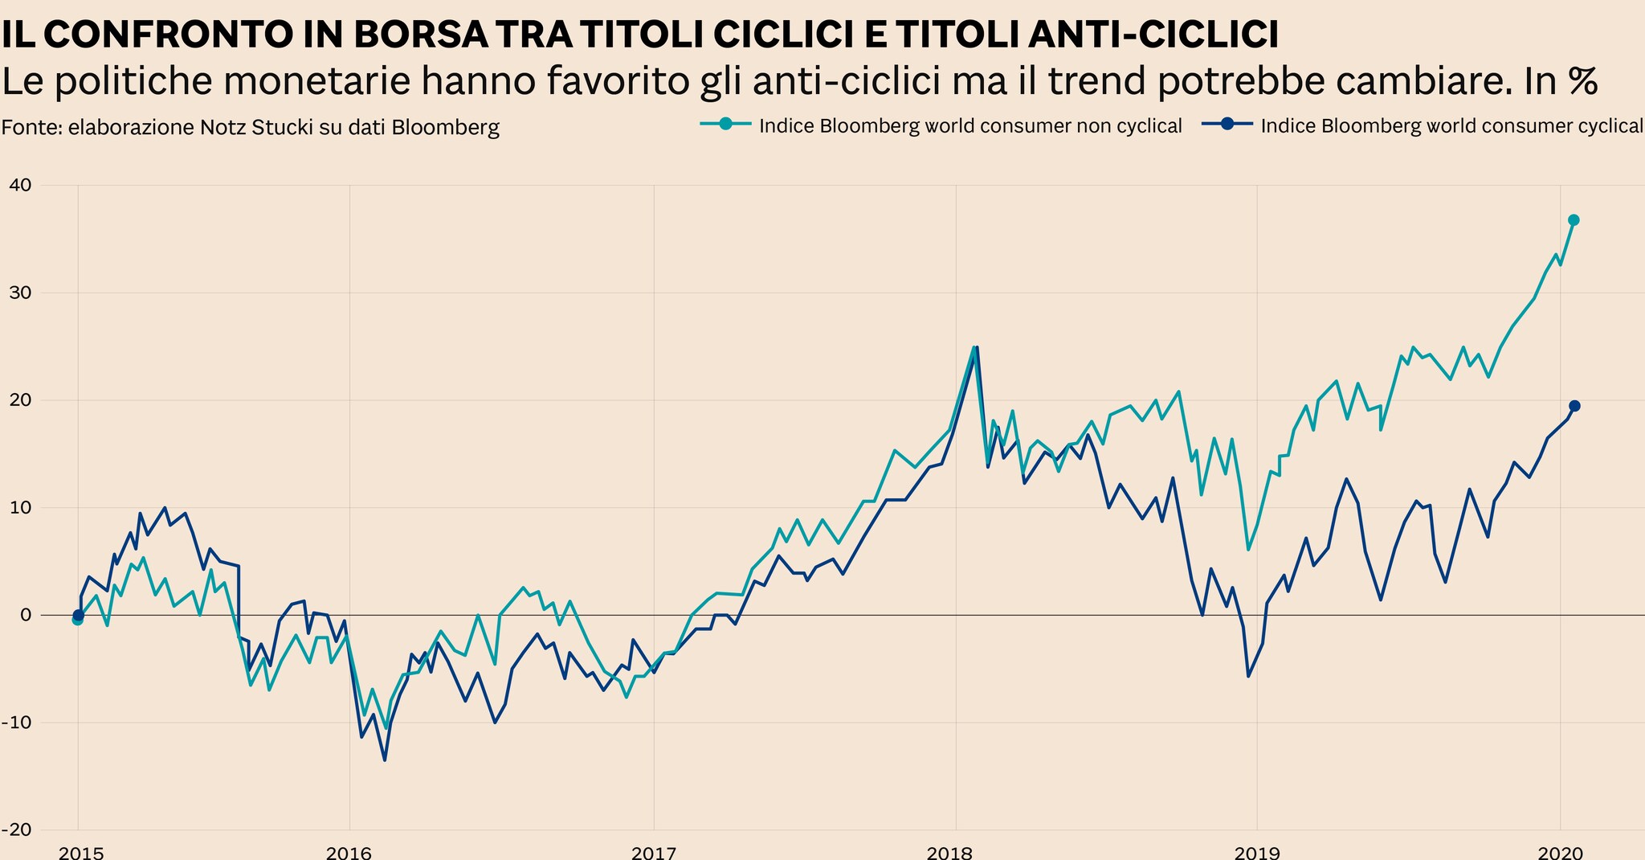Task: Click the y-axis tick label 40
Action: click(19, 186)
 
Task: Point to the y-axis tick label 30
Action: click(19, 293)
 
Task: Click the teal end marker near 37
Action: click(1574, 220)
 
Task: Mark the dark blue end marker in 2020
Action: click(1574, 406)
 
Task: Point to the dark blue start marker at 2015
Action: click(79, 615)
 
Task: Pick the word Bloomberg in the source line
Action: click(451, 128)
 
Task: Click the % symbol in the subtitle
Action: click(1582, 82)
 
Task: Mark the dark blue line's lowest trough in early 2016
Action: click(385, 760)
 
